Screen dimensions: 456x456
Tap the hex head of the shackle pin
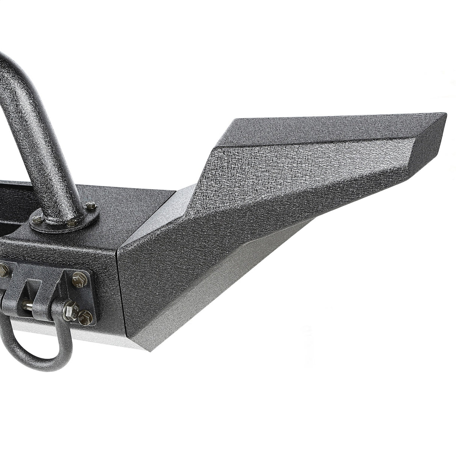tap(70, 308)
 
